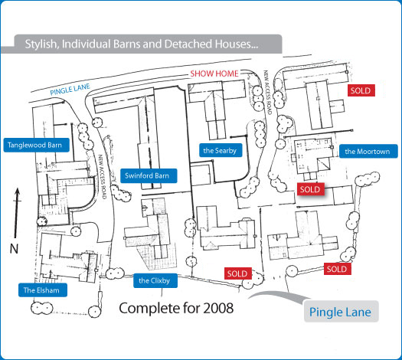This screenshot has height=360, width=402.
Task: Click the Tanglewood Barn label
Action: click(34, 144)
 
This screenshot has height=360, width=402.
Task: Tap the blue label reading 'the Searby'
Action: click(219, 150)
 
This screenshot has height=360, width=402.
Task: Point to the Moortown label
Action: click(367, 152)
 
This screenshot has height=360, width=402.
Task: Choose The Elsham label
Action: click(41, 290)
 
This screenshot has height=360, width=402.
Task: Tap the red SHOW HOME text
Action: click(214, 74)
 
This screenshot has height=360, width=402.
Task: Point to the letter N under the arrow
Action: click(14, 248)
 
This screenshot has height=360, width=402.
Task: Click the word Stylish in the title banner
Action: click(42, 44)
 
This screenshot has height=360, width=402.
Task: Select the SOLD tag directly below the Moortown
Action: click(309, 189)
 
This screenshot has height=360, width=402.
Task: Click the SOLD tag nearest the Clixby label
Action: click(237, 273)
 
